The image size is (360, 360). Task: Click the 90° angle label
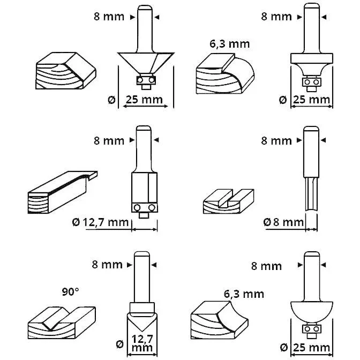pyautogui.click(x=70, y=291)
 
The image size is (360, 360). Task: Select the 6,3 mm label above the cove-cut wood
pyautogui.click(x=243, y=294)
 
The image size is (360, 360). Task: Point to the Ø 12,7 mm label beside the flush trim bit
pyautogui.click(x=99, y=221)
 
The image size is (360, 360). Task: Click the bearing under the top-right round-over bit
pyautogui.click(x=311, y=82)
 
